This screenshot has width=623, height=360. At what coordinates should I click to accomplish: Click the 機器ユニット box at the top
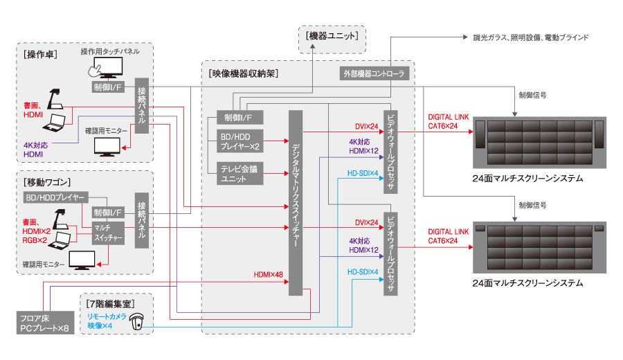(x=332, y=36)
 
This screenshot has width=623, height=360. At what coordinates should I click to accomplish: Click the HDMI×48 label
(x=269, y=275)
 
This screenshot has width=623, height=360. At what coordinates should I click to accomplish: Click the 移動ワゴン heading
(x=47, y=181)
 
